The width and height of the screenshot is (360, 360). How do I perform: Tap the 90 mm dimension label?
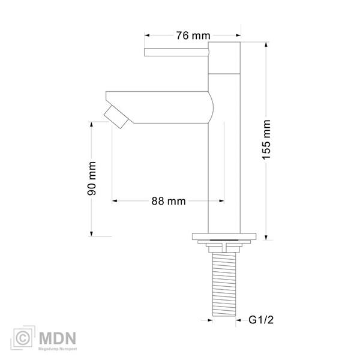tap(92, 179)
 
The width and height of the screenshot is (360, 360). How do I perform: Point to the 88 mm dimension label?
tap(168, 201)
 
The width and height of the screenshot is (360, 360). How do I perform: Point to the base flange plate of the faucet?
tap(224, 236)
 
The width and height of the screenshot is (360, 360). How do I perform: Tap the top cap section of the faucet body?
tap(224, 58)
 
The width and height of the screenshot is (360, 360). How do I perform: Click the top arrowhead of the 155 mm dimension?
tap(266, 44)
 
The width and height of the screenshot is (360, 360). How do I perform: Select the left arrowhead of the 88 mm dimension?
tap(115, 201)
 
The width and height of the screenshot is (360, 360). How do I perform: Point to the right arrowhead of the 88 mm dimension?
tap(221, 201)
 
